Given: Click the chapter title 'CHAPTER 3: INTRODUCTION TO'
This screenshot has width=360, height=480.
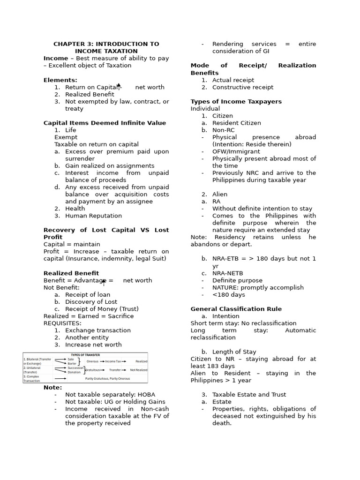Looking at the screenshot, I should (x=106, y=44).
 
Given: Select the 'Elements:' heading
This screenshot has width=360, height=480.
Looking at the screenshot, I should (x=60, y=80).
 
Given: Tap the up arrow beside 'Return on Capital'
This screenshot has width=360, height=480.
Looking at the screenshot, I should (x=119, y=85).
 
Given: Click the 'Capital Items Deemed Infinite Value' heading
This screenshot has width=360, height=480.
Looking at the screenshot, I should (x=105, y=123).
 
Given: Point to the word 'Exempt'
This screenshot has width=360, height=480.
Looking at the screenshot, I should (x=66, y=137).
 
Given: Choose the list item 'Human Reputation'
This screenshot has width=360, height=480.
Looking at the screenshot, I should (x=93, y=216).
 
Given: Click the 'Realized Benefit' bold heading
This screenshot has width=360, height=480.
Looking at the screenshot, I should (x=71, y=273).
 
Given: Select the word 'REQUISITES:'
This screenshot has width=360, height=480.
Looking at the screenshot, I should (x=62, y=323).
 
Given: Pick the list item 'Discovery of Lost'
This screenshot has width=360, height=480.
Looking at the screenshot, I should (x=91, y=302).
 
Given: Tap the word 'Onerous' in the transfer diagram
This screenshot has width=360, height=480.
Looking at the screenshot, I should (x=92, y=361).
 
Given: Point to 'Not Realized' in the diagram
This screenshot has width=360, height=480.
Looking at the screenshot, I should (x=139, y=370).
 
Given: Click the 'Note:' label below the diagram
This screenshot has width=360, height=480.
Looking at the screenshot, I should (x=52, y=388).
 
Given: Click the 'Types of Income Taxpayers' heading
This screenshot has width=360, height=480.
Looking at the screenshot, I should (x=236, y=102).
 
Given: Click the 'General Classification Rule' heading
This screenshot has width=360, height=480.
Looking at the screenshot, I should (x=236, y=309).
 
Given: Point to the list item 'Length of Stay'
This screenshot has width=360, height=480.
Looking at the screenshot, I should (x=234, y=352).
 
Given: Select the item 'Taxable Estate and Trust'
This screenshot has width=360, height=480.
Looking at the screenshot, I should (x=249, y=395).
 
